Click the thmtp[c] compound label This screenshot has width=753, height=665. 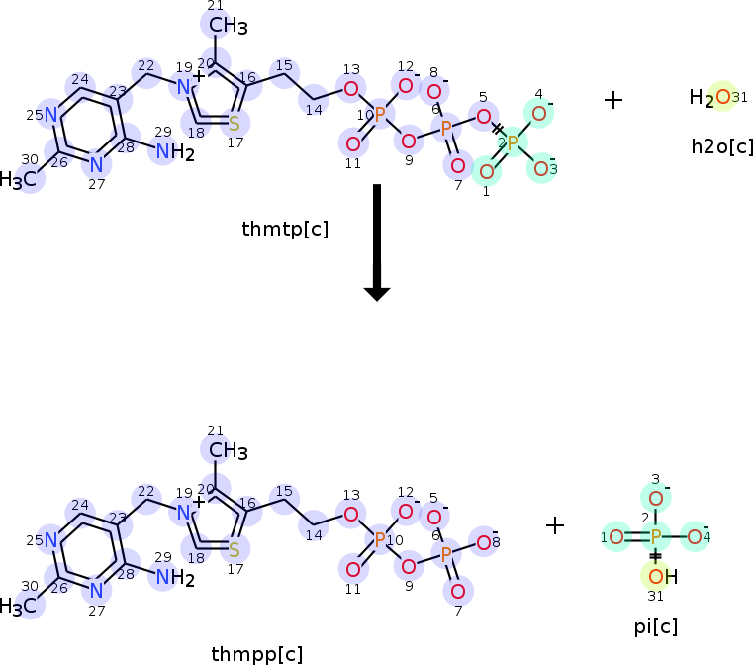285,230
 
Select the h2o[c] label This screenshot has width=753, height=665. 722,146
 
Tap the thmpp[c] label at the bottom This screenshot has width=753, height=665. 257,653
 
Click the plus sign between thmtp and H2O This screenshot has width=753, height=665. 613,100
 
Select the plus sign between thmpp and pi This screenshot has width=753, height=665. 555,525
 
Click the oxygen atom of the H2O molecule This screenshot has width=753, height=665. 722,97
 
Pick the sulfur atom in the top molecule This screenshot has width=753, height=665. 234,124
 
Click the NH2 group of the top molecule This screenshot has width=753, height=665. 175,151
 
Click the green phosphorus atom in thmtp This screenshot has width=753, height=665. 513,142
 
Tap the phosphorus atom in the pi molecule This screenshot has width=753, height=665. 655,537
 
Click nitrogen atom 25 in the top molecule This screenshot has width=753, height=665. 49,114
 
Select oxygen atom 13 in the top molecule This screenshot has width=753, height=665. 350,90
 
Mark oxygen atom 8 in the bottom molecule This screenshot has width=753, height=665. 483,541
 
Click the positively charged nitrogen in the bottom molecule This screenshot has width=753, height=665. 183,513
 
